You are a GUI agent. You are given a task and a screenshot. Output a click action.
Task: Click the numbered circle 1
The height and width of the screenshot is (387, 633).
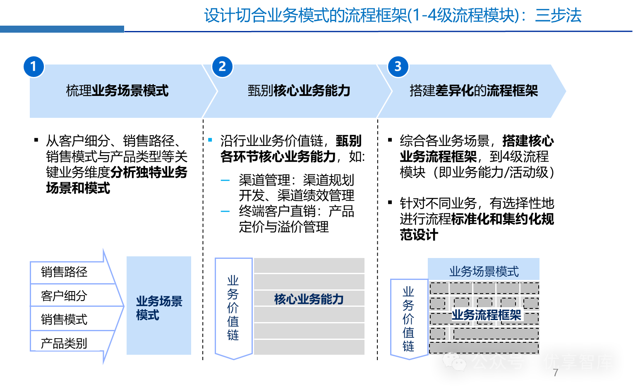(34, 67)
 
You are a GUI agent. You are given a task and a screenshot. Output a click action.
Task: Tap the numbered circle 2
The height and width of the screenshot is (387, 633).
(222, 67)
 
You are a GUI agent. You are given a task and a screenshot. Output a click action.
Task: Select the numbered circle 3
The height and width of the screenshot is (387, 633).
(398, 67)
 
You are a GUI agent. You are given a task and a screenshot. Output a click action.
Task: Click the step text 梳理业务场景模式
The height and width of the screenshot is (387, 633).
(117, 91)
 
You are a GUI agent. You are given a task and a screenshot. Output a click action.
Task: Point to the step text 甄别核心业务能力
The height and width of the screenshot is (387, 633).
(299, 91)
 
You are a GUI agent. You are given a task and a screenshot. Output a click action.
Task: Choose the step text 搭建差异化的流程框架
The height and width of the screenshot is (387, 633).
(473, 91)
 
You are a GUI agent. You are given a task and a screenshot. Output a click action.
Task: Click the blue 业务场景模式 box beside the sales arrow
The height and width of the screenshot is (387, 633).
(159, 306)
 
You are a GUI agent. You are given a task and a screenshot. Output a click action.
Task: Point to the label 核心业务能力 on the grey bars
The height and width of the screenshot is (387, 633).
(309, 299)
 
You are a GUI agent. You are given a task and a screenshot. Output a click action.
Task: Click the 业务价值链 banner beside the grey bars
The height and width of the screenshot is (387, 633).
(233, 308)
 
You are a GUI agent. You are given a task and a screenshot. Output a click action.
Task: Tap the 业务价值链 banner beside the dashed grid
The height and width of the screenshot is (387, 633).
(409, 318)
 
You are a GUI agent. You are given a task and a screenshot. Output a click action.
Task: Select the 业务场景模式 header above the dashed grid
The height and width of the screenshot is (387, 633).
(484, 271)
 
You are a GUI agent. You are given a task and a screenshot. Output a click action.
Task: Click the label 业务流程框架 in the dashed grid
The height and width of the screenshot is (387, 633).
(486, 315)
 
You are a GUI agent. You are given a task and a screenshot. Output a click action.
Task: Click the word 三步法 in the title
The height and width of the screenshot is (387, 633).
(558, 16)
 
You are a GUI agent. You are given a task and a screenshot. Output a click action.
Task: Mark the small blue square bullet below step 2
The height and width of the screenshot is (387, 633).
(210, 140)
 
